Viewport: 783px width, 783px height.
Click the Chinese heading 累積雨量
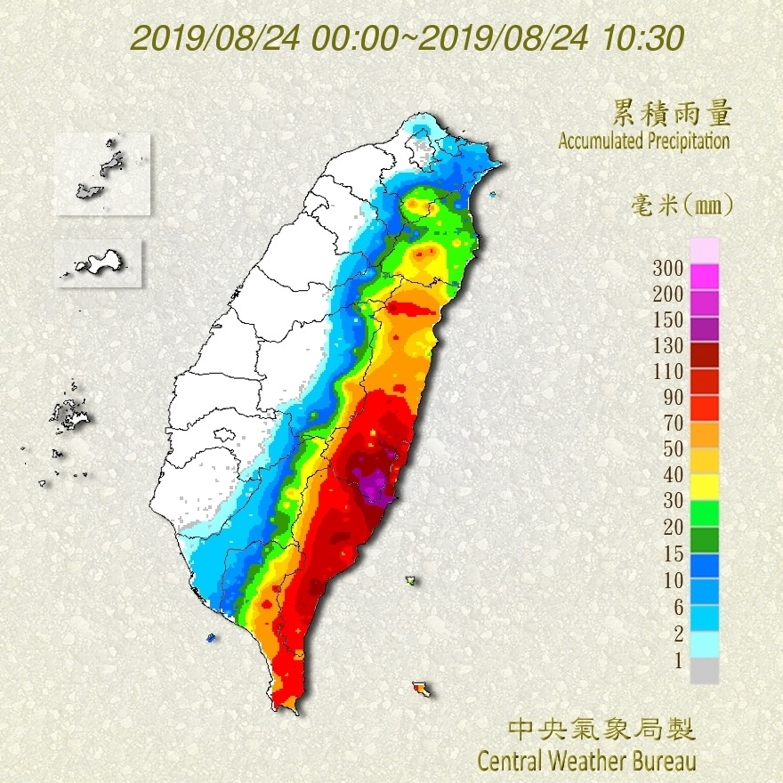point(672,113)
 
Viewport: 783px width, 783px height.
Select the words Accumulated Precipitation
point(643,141)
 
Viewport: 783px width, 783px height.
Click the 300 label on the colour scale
point(667,268)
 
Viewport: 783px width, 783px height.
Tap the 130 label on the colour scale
point(667,345)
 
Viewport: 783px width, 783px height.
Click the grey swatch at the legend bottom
point(704,670)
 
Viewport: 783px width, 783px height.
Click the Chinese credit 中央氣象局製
point(601,730)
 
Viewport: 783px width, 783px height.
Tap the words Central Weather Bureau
point(586,761)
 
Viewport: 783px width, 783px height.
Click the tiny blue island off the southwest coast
point(211,637)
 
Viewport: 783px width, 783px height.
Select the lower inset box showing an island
point(98,262)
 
